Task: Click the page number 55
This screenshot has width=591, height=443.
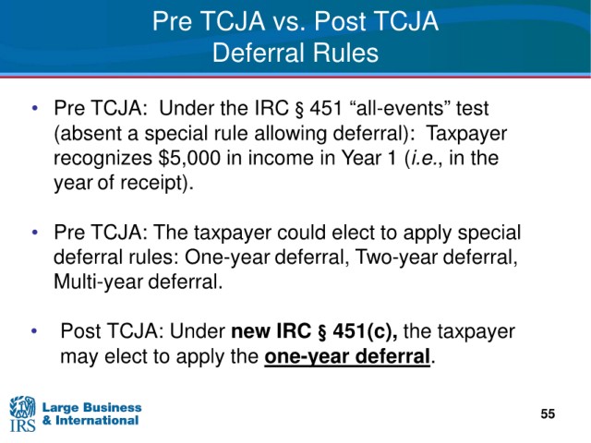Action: [x=548, y=413]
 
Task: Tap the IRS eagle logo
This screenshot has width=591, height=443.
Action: [x=22, y=413]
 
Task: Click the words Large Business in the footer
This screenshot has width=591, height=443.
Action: [x=92, y=407]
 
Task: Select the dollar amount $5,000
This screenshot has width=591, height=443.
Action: [x=189, y=158]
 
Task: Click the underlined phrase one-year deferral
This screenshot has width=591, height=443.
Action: [x=347, y=356]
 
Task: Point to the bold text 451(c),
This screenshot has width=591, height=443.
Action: [x=365, y=331]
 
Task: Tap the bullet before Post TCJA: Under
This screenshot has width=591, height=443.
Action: [x=35, y=331]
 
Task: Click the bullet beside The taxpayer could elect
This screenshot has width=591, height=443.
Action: [x=35, y=232]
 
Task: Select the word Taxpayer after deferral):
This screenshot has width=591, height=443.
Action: [x=466, y=133]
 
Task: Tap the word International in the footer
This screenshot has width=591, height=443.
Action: [x=97, y=421]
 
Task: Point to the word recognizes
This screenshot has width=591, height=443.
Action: [x=103, y=159]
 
